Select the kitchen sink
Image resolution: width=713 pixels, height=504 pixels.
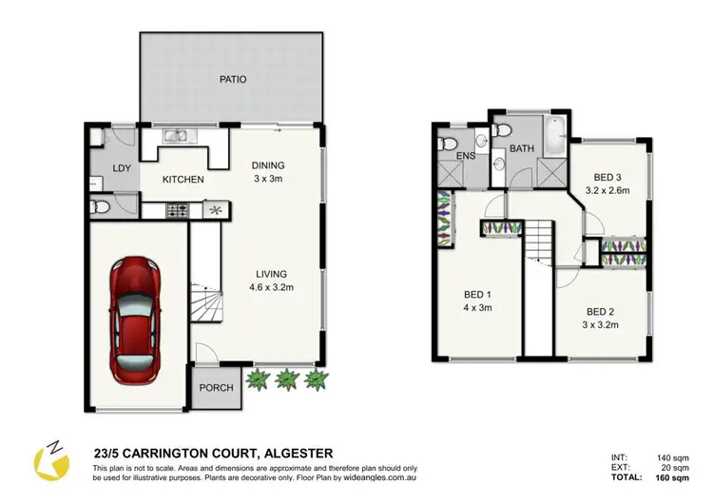[x=177, y=137]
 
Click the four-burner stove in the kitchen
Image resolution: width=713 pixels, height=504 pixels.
[x=179, y=208]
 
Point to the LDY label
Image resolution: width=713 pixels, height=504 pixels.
[x=121, y=169]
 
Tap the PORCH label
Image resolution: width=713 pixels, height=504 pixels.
[x=216, y=388]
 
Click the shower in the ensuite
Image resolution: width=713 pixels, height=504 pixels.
[x=450, y=175]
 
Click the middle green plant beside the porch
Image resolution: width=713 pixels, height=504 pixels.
[x=288, y=380]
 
